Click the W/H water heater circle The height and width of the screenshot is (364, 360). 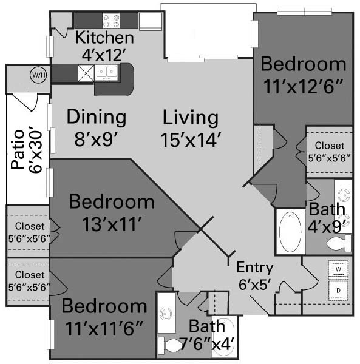pos(38,75)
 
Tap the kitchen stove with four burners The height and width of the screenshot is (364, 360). pos(111,21)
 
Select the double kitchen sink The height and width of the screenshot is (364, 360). pos(106,73)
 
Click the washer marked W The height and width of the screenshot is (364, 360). pos(338,269)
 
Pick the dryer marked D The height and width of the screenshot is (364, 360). pos(338,291)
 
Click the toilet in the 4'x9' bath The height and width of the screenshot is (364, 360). pos(339,243)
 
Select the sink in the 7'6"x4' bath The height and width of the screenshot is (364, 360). pos(166,314)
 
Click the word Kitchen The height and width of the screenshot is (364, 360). pos(104,38)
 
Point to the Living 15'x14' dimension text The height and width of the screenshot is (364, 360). pos(191,140)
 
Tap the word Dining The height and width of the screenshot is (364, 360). pos(97,118)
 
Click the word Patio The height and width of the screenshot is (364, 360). pos(18,149)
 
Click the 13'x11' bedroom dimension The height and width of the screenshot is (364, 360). pos(112,224)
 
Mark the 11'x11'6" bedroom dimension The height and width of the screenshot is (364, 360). pos(104,328)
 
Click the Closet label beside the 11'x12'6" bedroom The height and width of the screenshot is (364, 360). pos(329,146)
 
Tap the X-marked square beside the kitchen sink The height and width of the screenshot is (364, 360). pos(86,73)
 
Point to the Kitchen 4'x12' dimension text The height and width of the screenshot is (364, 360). pos(104,55)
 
